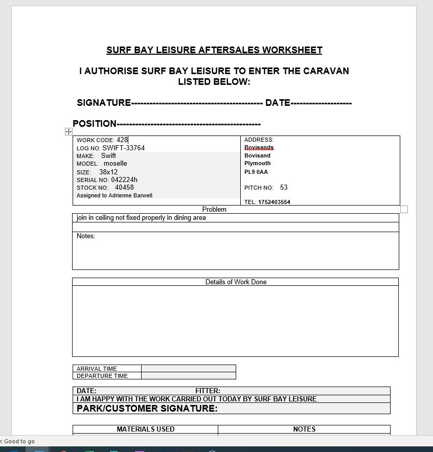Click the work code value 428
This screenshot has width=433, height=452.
[122, 140]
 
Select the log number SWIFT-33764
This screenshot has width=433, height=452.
[123, 148]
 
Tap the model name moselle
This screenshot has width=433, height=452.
[116, 164]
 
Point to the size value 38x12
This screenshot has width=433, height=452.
[108, 172]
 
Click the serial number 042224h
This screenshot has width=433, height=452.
[124, 180]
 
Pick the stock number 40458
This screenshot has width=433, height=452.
[124, 188]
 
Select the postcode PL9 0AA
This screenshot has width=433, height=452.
[256, 172]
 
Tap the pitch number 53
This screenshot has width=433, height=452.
[284, 188]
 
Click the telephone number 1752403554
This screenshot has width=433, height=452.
[274, 202]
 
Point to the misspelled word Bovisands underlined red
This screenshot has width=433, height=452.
[259, 148]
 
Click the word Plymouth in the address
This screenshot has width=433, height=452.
[258, 164]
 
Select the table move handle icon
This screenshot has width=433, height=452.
[69, 131]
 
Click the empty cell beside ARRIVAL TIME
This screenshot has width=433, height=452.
[188, 368]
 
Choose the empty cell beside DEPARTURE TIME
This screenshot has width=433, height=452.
[188, 376]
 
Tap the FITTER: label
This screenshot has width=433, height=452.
[208, 391]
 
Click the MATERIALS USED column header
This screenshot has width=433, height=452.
[146, 430]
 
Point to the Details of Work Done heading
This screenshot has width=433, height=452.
[236, 282]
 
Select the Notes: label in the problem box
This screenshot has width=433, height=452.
[86, 236]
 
